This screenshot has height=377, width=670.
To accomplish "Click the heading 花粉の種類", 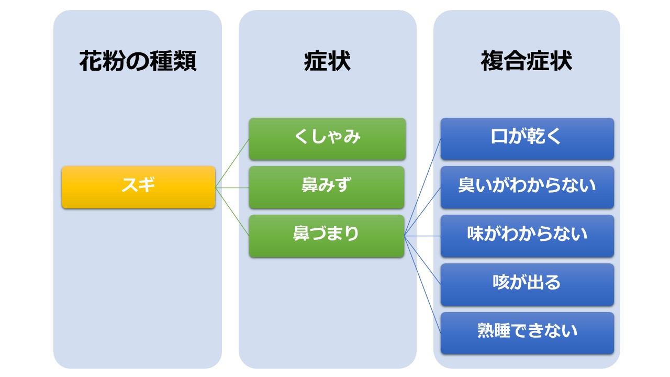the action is coord(138,61).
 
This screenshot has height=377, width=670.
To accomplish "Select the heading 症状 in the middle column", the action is coord(327,61).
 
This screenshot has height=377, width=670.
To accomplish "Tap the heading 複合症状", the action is coord(527,61).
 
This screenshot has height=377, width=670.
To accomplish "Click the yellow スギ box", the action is coord(139,187).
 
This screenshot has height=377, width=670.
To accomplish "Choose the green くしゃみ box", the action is coord(327,139).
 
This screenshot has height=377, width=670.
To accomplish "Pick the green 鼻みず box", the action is coord(327,187).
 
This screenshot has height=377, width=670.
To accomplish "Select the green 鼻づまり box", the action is coord(327,236).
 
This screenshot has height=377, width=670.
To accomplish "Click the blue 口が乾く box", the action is coord(527,139).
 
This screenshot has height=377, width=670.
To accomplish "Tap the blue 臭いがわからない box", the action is coord(527,187).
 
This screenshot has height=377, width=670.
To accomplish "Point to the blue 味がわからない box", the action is coord(527,236).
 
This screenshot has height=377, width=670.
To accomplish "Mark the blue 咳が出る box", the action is coord(527,284).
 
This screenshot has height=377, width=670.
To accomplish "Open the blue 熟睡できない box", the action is coord(527,333).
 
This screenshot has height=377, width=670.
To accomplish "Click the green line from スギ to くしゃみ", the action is coord(232,163).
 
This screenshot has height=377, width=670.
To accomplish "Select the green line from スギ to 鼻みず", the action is coord(232,187).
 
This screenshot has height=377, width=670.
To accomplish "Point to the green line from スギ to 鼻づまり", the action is coord(232,212).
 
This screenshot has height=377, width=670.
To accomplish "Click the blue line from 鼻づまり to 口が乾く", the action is coord(422,187).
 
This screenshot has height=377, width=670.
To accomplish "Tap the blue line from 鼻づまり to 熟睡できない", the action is coord(422,284).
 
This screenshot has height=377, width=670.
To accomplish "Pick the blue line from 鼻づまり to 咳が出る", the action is coord(422,260).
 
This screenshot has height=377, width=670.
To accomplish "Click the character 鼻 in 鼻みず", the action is coord(309,185).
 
